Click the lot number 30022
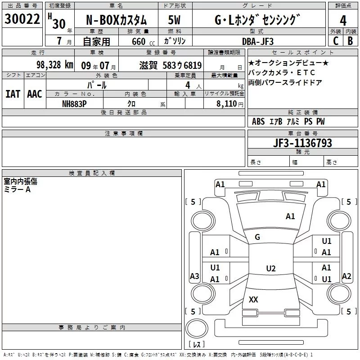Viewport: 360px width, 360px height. tap(22, 19)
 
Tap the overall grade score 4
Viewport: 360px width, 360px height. tap(343, 21)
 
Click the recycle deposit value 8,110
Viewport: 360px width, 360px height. tap(227, 103)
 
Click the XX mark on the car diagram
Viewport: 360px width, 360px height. tap(253, 300)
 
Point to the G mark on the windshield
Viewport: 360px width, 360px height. tap(257, 237)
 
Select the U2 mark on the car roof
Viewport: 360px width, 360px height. tap(270, 269)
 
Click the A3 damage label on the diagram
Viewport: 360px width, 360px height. tap(194, 276)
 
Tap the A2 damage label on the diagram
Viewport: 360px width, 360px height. tap(346, 276)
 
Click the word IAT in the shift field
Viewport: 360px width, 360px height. tap(13, 94)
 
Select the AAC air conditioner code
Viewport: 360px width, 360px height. tap(35, 94)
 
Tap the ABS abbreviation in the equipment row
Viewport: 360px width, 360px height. tap(258, 121)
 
